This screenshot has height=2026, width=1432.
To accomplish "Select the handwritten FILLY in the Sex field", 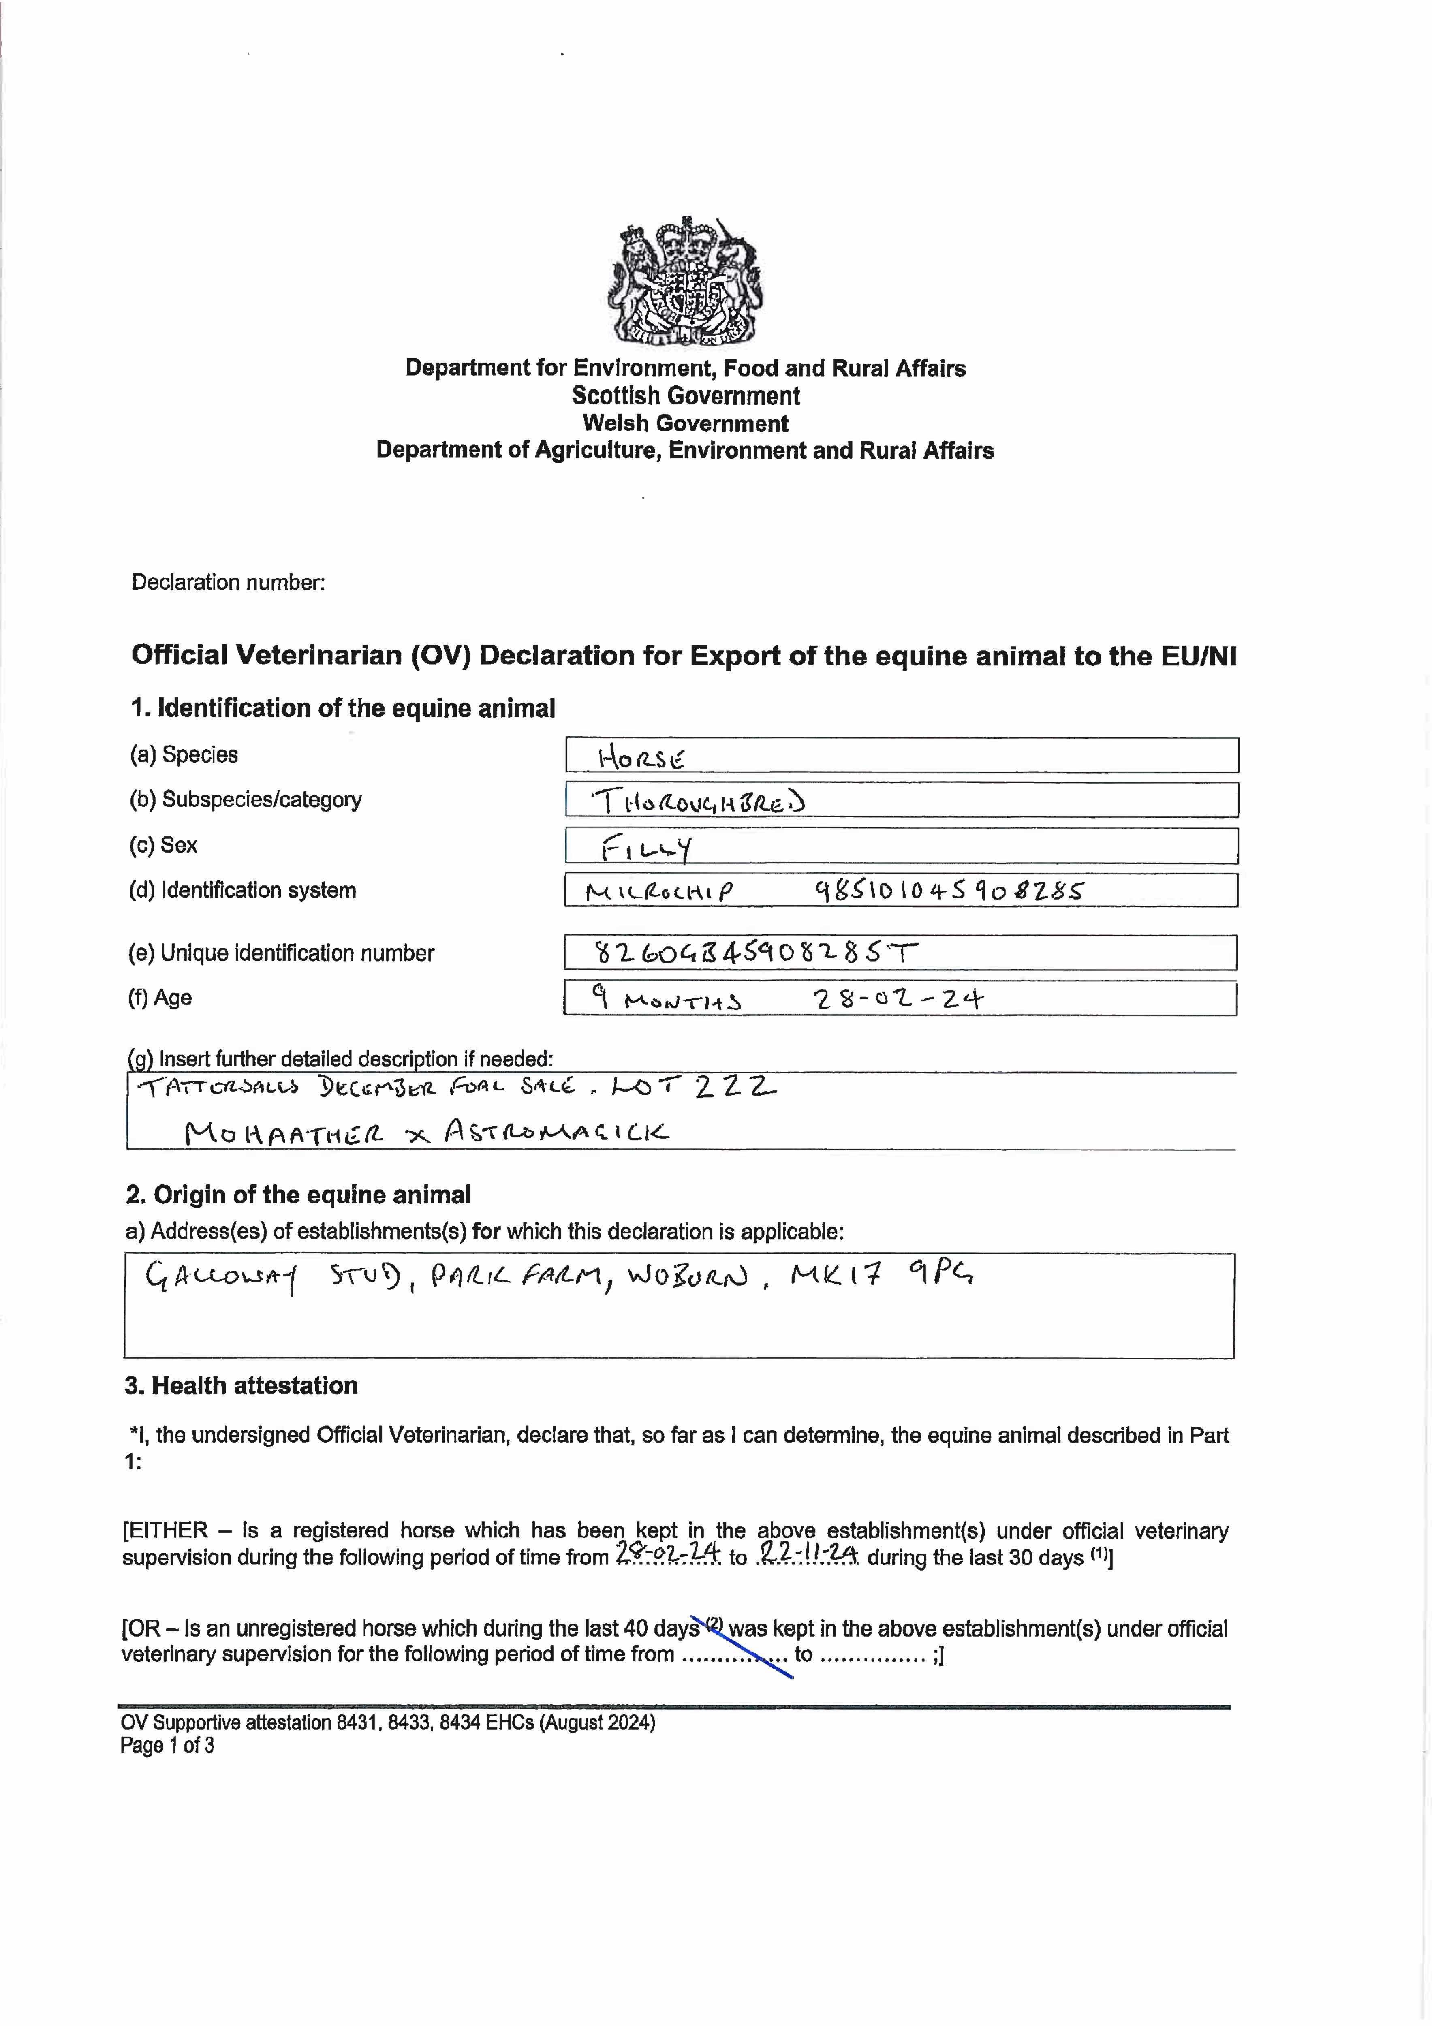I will (x=646, y=848).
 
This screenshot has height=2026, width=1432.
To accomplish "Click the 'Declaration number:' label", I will (x=228, y=582).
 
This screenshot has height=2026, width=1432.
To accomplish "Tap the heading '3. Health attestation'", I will (x=241, y=1385).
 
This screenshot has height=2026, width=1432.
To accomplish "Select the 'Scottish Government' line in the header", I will (x=686, y=395).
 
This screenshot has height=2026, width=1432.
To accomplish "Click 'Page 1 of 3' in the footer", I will (x=167, y=1745).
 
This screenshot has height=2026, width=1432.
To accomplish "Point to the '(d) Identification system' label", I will (x=243, y=890).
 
